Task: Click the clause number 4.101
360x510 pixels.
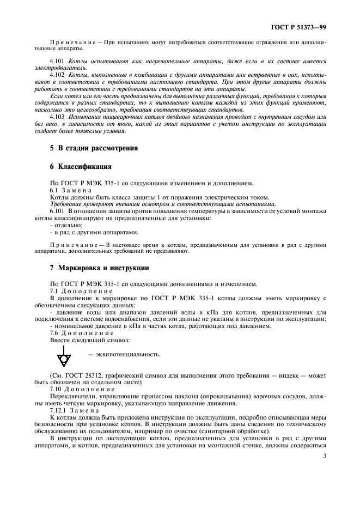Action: (57, 62)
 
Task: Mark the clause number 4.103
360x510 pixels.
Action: (57, 117)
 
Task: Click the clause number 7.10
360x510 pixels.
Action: (57, 390)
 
